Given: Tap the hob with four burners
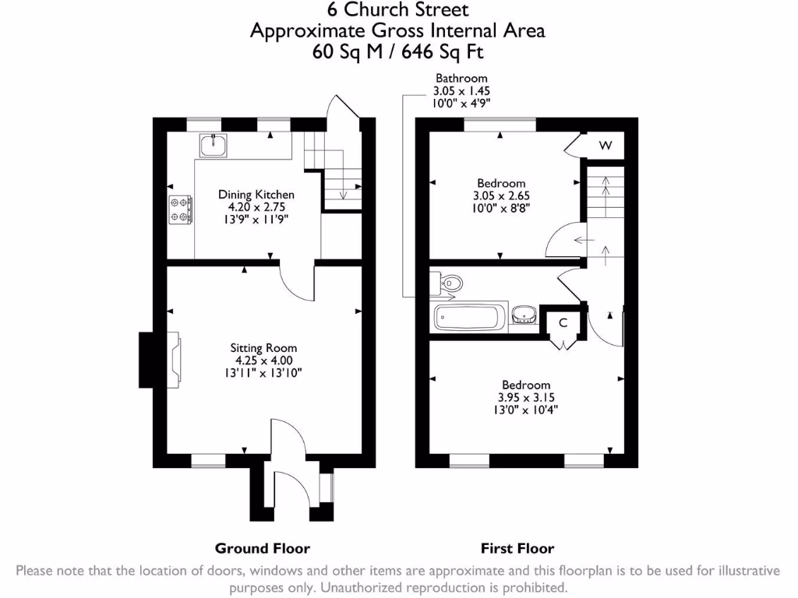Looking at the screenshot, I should coord(180,208).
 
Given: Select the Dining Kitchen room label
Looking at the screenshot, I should coord(256,195).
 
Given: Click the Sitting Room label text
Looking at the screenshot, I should coord(263,348).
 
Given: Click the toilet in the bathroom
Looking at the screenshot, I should coord(450,284).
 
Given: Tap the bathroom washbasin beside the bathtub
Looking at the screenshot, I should coord(523,315).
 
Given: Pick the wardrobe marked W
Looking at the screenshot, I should coord(606,146).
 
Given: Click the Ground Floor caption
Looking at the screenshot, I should coord(263,548).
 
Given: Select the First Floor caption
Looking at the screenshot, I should coord(517,548).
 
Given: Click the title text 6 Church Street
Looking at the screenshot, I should coord(397,10).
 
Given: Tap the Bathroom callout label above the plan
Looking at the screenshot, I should coord(461,78).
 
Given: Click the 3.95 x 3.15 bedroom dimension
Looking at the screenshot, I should coord(526,398).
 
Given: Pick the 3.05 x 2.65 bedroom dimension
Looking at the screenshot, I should coord(502,196).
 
